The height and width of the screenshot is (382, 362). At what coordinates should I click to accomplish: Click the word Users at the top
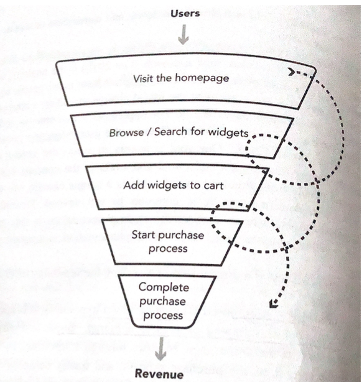185,13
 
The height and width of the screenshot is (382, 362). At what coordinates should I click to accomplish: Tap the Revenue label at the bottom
159,373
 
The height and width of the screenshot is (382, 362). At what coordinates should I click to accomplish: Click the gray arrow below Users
183,34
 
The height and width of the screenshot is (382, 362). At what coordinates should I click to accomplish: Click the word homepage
202,78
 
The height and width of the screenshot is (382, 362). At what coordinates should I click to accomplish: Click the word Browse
126,133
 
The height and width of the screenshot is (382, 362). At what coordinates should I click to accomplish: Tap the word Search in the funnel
171,132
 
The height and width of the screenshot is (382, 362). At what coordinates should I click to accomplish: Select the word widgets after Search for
228,133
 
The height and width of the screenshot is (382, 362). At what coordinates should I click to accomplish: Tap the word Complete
164,287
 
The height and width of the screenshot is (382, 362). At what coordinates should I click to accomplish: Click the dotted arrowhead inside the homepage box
291,72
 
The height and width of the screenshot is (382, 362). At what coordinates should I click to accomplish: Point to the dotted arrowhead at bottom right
274,304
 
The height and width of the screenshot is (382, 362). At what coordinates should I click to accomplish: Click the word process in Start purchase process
168,249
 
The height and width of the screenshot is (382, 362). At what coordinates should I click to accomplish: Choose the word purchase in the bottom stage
162,302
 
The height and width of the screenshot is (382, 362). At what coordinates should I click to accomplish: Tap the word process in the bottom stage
163,315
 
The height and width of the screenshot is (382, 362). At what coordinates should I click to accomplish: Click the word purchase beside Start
181,235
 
